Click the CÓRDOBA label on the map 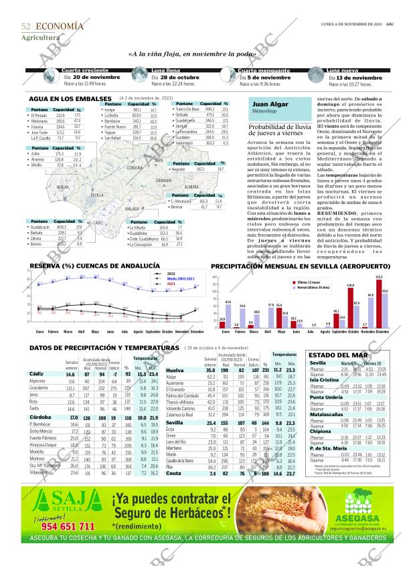pos(134,168)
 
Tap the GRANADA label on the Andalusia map pos(164,181)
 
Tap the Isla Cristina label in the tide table pos(325,379)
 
